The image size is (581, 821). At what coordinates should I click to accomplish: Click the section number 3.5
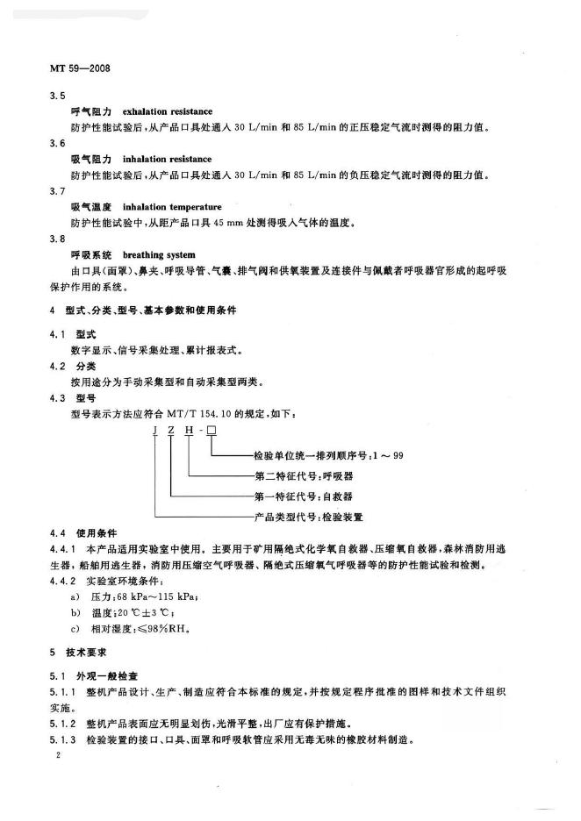(x=57, y=96)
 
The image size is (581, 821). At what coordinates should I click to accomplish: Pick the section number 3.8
(x=57, y=239)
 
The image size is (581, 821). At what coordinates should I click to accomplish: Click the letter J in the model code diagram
(x=155, y=432)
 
